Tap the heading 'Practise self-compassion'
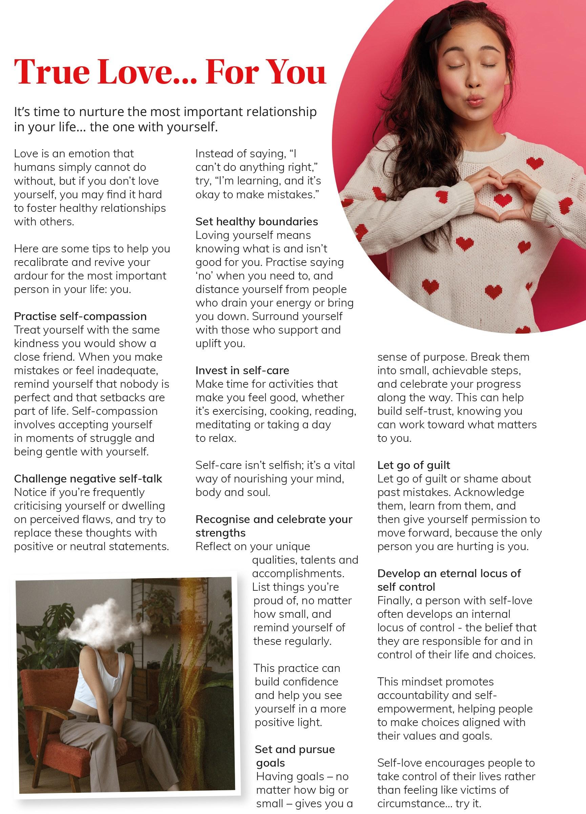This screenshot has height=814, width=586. pos(80,316)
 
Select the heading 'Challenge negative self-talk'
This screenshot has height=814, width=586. pos(88,478)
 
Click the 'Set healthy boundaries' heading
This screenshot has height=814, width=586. pos(256,222)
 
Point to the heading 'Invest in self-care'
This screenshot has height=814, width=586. pos(242,370)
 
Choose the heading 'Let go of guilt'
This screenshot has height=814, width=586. pos(414,465)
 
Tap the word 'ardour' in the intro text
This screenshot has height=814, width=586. pos(31,276)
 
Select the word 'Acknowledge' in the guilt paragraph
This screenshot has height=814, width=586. pos(489,492)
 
